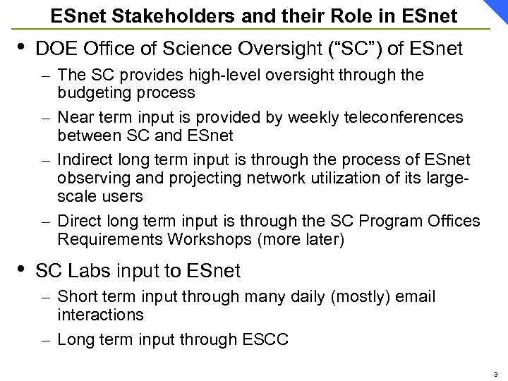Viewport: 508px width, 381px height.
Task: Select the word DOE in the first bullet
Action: [x=55, y=49]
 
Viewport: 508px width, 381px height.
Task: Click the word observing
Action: [x=90, y=175]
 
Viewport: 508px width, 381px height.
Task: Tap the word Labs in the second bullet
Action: [x=87, y=270]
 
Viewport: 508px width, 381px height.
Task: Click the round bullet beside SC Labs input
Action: [x=21, y=267]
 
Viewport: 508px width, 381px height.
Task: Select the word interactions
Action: [x=100, y=314]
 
